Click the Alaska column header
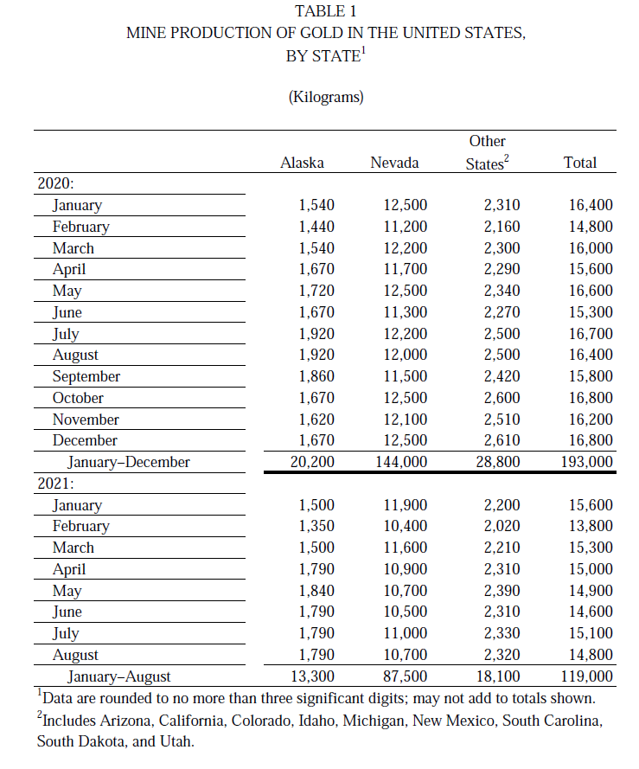(302, 163)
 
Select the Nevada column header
(394, 163)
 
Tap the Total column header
(579, 163)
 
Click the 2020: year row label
(55, 183)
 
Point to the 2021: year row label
(55, 484)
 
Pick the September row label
(86, 376)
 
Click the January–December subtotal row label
(129, 462)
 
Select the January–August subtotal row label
(119, 676)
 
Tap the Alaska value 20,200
(312, 462)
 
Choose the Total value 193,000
(586, 462)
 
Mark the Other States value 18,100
(497, 676)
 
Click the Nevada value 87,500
(405, 676)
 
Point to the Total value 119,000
(586, 676)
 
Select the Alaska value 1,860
(316, 376)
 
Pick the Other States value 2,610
(502, 440)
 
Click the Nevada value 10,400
(405, 526)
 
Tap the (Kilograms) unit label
(325, 97)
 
